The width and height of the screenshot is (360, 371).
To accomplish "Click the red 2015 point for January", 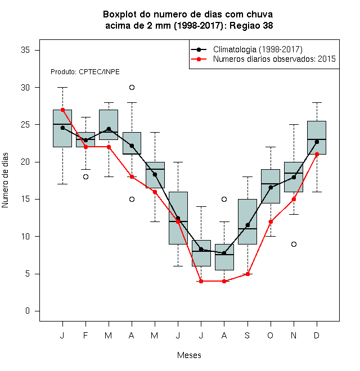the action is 62,110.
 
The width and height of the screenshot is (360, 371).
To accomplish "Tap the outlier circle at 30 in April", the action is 132,88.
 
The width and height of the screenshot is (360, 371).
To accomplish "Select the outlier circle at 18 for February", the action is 85,177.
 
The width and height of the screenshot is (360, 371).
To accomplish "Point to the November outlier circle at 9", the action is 294,244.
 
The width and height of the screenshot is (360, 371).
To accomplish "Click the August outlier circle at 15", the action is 224,199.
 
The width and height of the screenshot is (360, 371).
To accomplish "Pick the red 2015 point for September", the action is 247,274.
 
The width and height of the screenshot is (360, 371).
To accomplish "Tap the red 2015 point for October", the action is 271,221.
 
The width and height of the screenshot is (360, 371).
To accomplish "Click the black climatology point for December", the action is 317,142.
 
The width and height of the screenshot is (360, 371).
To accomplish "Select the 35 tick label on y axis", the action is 25,50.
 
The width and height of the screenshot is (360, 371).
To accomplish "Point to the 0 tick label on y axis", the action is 28,311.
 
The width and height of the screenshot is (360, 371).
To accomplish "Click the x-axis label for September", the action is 247,335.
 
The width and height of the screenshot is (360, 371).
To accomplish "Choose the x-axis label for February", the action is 85,335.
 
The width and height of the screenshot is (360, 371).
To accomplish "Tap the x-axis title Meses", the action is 189,355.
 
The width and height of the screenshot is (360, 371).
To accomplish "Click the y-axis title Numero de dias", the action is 5,180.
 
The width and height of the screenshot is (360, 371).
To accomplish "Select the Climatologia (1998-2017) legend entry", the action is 246,49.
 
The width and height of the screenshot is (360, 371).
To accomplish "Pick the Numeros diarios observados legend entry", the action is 263,59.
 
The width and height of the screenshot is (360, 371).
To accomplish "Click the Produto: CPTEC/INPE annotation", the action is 85,72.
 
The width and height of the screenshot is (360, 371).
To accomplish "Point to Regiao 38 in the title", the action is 251,25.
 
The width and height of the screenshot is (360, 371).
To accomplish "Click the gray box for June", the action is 178,218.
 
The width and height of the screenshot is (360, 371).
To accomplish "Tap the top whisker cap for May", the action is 155,132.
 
